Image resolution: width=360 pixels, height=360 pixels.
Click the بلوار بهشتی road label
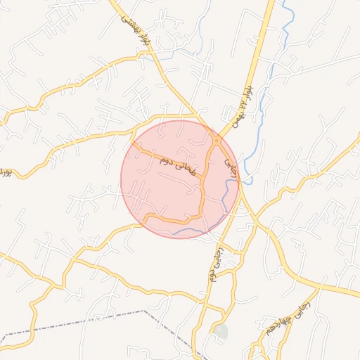point(136,32)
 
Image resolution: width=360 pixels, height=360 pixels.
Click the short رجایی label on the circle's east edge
point(231,165)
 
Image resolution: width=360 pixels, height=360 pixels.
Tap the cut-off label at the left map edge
point(6,172)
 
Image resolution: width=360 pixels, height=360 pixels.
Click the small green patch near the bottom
point(221,330)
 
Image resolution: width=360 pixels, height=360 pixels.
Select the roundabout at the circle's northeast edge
point(217,140)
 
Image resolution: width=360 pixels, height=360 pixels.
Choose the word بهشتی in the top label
point(129,26)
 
